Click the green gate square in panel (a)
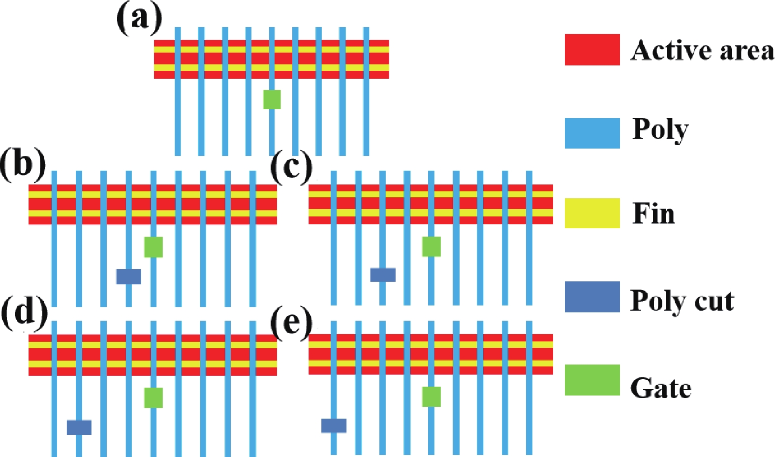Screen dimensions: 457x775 coord(272,99)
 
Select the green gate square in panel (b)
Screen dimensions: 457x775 coord(153,247)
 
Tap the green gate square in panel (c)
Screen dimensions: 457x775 coord(431,246)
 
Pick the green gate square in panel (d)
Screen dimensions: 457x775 coord(153,397)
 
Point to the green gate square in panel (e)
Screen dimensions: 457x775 coord(431,396)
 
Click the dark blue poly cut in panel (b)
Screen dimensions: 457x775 coord(128,276)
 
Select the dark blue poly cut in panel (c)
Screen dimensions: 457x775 coord(383,274)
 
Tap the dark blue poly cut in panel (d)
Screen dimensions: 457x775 coord(79,427)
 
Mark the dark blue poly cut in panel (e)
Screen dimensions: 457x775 coord(334,426)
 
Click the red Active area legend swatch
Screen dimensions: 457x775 coord(592,50)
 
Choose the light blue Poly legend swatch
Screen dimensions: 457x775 coord(592,133)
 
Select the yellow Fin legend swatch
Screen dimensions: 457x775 coord(592,213)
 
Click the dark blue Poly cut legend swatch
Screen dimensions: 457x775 coord(592,297)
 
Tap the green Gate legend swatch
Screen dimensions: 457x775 coord(592,380)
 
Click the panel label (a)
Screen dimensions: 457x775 coord(139,19)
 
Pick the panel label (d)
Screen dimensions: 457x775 coord(24,313)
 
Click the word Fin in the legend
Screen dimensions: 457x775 coord(653,214)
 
